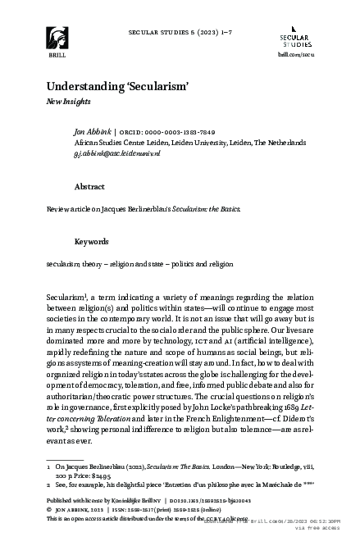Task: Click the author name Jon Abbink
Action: click(x=90, y=131)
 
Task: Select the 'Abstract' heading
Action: click(x=89, y=187)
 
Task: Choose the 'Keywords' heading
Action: click(x=92, y=242)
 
